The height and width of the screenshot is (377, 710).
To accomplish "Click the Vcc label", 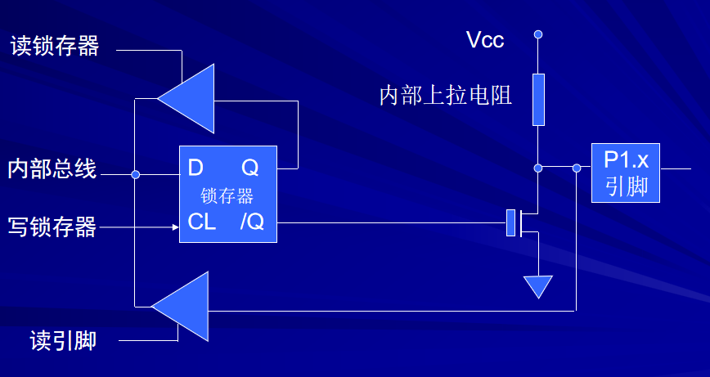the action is point(485,40).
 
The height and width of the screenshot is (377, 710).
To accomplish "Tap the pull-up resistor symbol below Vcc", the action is point(538,100).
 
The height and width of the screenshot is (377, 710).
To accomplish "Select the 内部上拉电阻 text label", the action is point(446,96).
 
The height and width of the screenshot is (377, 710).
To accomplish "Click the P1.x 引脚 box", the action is point(625,173).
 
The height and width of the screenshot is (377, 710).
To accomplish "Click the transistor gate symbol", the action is point(511,223).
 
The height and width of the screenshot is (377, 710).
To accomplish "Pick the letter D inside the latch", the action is point(195,168).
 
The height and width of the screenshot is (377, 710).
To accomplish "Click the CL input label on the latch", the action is point(201,222).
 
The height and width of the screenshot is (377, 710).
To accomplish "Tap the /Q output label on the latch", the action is point(252,222).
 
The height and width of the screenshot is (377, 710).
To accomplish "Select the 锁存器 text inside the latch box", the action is point(227,196).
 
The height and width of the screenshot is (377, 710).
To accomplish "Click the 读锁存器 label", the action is point(55,46).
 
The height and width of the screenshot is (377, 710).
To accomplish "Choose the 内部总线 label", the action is point(52,168).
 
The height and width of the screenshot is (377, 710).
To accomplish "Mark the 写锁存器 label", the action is point(52,227).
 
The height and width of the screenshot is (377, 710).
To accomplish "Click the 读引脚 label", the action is point(63,340).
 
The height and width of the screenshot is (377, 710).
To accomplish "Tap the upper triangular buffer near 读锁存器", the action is point(190,99).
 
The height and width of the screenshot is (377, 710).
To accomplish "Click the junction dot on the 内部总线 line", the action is point(136,175).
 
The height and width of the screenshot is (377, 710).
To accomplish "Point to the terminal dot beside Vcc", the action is point(538,34).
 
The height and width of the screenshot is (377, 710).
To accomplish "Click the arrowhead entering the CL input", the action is point(176,227).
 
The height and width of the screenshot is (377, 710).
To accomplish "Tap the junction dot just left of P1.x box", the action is point(577,168).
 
